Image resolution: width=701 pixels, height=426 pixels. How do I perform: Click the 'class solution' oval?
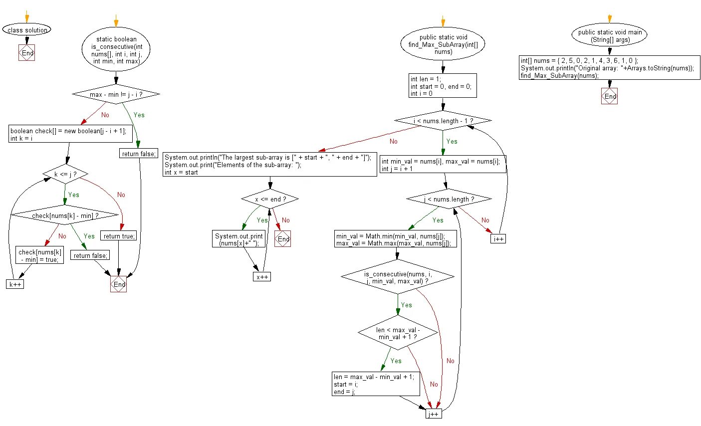[x=27, y=30]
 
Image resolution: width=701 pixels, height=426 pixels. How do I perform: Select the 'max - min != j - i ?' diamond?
[x=116, y=94]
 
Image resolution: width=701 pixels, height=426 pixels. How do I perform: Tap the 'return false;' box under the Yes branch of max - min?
[x=139, y=154]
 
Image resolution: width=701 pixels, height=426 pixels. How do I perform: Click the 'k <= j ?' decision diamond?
[x=65, y=175]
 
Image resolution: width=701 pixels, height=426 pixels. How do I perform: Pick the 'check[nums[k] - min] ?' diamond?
[x=65, y=215]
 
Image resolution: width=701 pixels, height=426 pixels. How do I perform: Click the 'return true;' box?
[x=119, y=236]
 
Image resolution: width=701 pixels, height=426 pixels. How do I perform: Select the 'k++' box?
[x=15, y=284]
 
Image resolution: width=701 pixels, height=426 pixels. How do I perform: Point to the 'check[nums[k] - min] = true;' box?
[x=39, y=255]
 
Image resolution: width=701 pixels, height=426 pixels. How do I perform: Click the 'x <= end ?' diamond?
[x=270, y=199]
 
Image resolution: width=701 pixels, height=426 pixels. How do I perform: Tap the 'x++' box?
[x=261, y=277]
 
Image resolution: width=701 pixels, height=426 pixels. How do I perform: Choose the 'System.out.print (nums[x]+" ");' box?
[x=238, y=239]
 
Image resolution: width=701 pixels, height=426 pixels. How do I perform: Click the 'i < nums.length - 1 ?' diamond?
[x=443, y=121]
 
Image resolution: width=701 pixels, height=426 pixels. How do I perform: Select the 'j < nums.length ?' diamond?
[x=449, y=199]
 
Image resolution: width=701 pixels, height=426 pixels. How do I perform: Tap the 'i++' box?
[x=498, y=239]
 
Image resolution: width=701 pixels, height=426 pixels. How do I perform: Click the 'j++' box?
[x=433, y=414]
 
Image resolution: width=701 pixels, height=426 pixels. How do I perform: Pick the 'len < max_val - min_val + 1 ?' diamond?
[x=398, y=333]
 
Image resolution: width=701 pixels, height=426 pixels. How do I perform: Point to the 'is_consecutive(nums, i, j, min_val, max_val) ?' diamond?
[x=398, y=277]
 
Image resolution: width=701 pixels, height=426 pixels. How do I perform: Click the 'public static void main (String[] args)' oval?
[x=609, y=36]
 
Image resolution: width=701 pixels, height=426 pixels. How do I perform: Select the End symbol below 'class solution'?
[x=27, y=53]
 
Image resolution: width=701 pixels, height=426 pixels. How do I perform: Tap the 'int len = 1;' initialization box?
[x=443, y=86]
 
